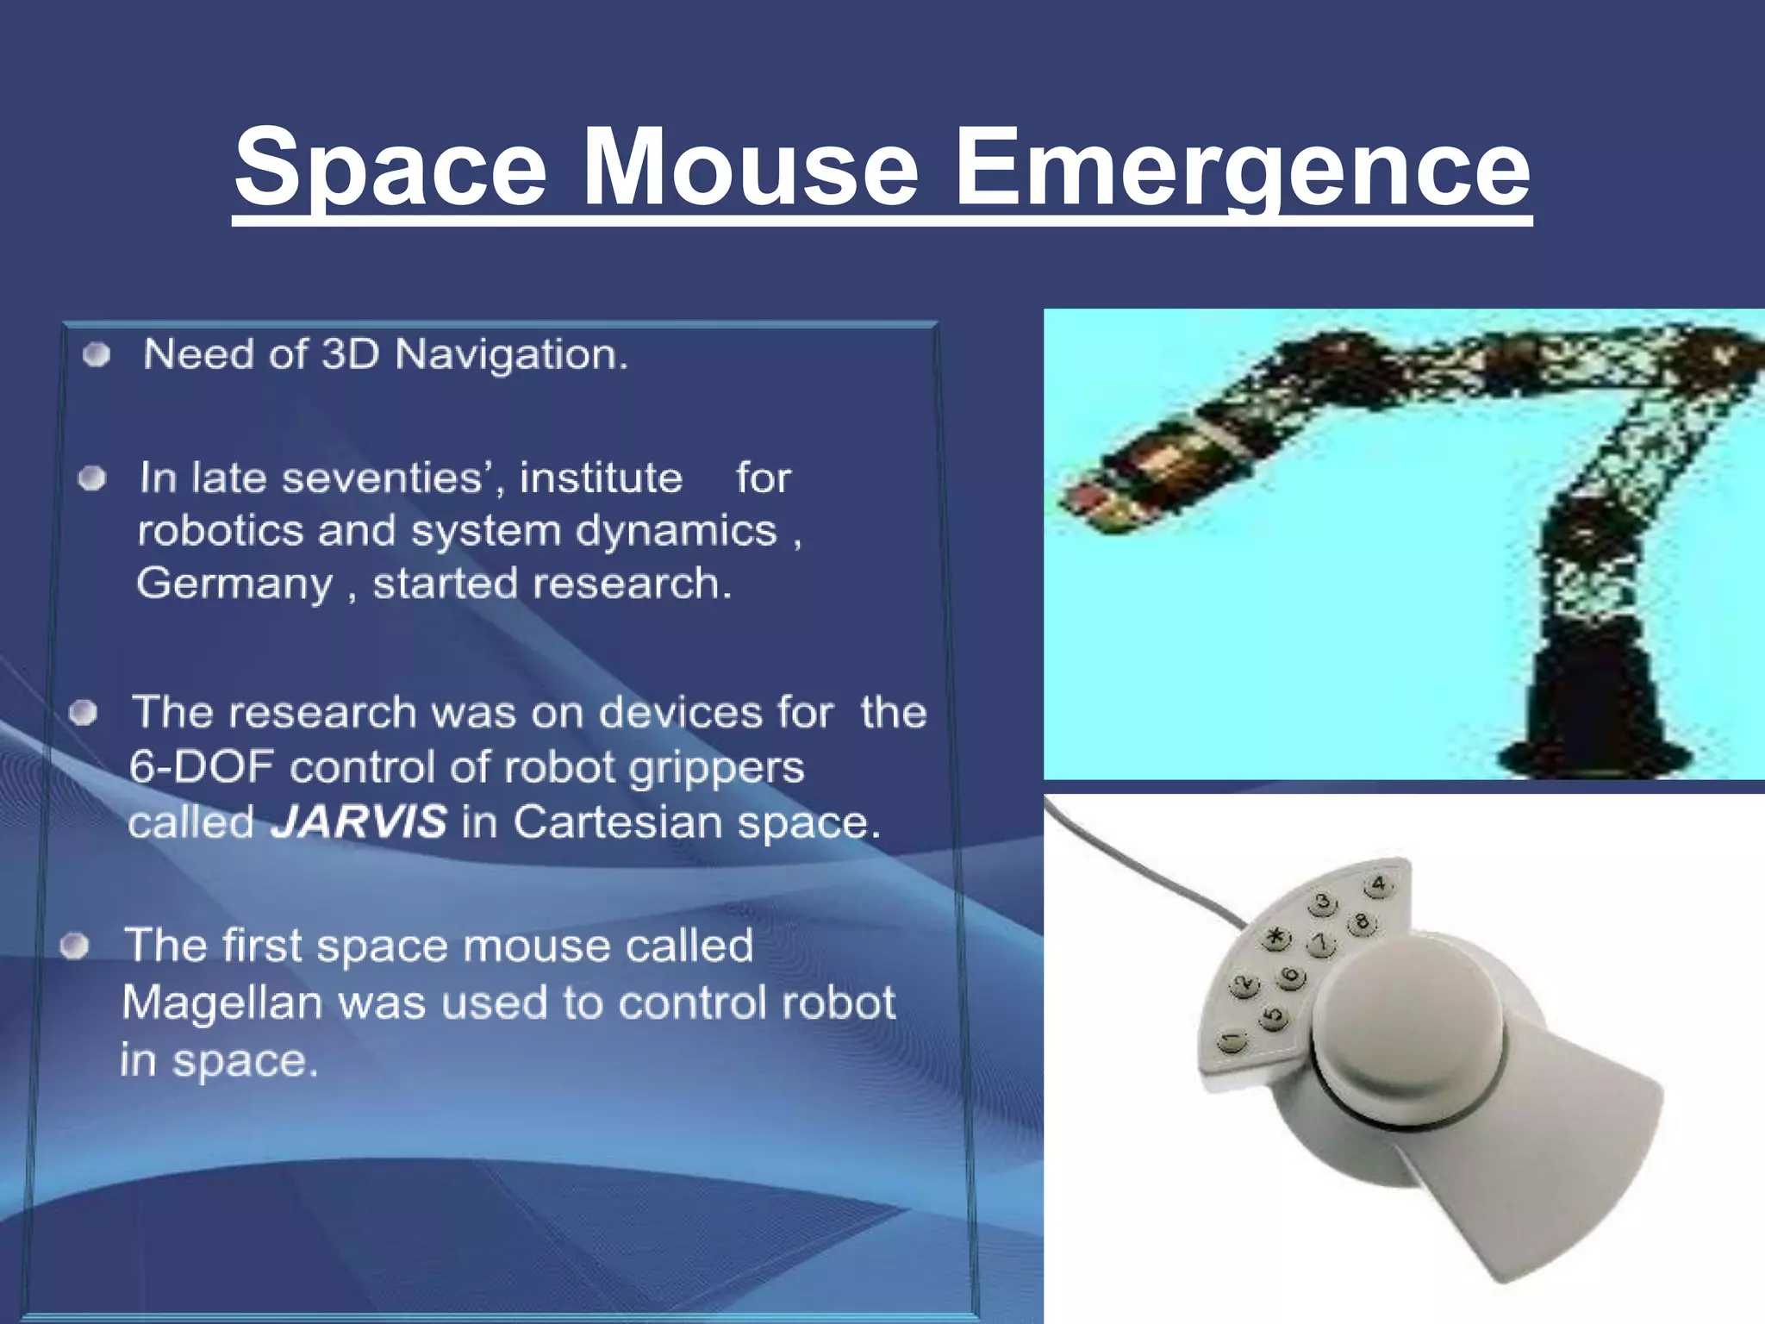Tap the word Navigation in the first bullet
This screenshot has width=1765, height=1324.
click(x=511, y=355)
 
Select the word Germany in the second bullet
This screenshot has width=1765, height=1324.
click(x=234, y=584)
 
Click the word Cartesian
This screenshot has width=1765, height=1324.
click(x=619, y=821)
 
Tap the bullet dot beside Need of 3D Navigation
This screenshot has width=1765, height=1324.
click(x=97, y=355)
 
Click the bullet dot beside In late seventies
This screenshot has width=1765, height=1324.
click(x=92, y=478)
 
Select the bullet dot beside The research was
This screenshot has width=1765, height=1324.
click(x=84, y=713)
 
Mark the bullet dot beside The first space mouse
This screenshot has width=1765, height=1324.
click(x=76, y=946)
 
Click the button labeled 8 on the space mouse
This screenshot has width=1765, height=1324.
click(x=1362, y=922)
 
